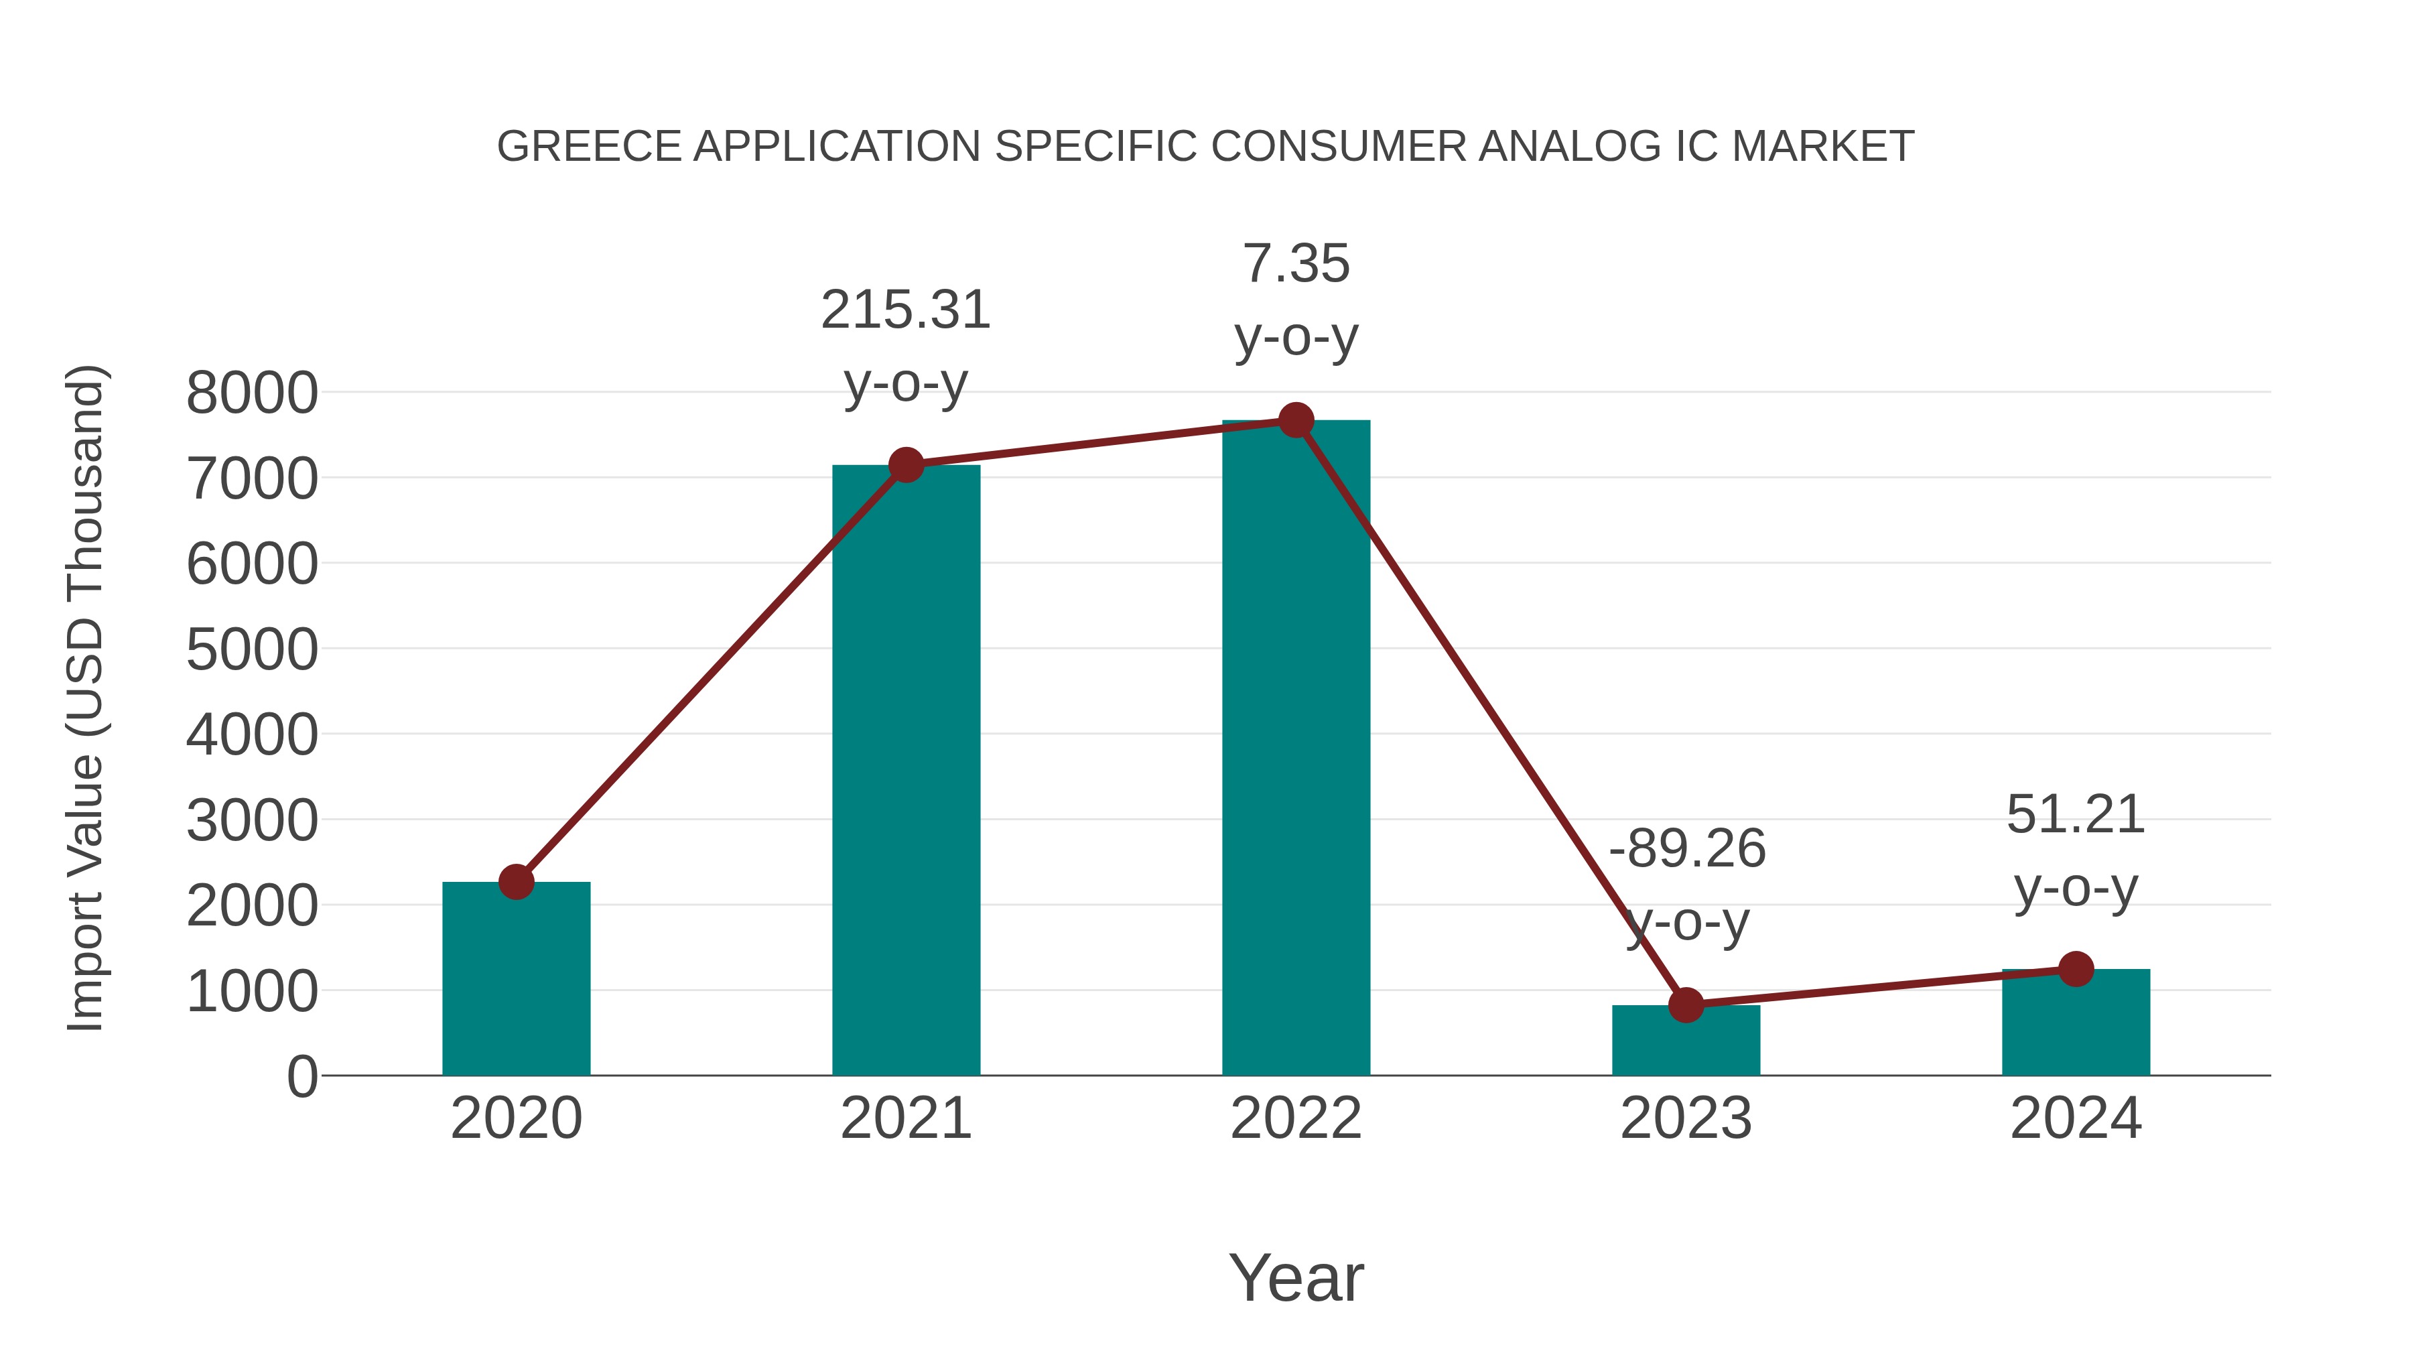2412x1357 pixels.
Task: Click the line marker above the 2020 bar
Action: (516, 881)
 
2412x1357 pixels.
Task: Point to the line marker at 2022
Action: (1296, 420)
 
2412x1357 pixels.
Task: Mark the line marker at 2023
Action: (1686, 1005)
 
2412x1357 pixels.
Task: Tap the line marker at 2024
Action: (2076, 969)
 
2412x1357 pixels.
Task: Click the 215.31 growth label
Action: (905, 310)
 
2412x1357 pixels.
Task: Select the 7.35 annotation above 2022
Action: (1296, 264)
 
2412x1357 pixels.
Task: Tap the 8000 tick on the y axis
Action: (252, 393)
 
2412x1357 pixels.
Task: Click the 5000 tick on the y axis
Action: (252, 650)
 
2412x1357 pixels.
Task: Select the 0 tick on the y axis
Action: (302, 1077)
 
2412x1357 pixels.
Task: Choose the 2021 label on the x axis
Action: (905, 1118)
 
